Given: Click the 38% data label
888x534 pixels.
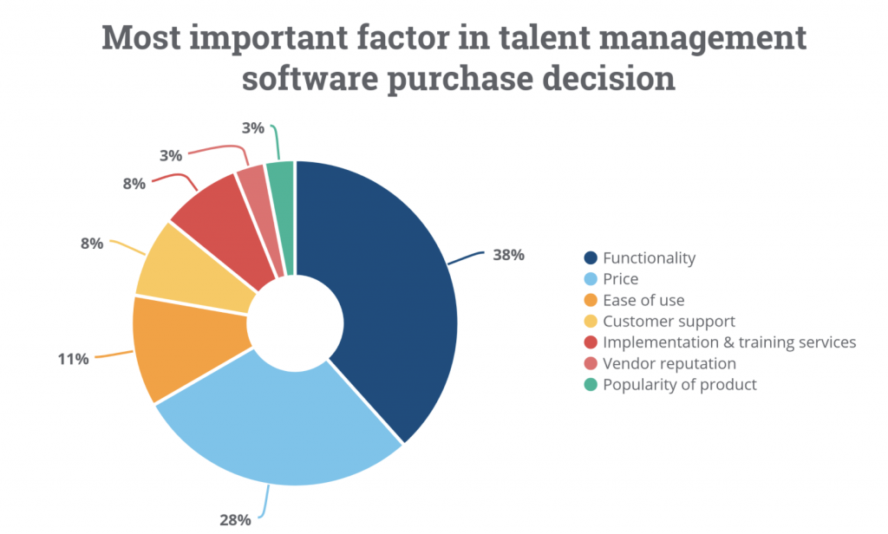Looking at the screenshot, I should click(508, 256).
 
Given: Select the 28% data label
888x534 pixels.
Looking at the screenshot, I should click(234, 519).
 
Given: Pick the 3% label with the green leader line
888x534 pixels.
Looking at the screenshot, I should click(252, 127).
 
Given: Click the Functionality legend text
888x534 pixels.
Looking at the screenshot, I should click(649, 257).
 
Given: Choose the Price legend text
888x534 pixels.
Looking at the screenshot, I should click(620, 279).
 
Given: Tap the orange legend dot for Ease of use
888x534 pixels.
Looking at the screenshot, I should click(591, 300).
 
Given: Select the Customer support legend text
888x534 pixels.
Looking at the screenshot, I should click(669, 321).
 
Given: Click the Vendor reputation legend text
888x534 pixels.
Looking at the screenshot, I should click(669, 363).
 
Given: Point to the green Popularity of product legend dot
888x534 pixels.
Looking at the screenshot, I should click(591, 384).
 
